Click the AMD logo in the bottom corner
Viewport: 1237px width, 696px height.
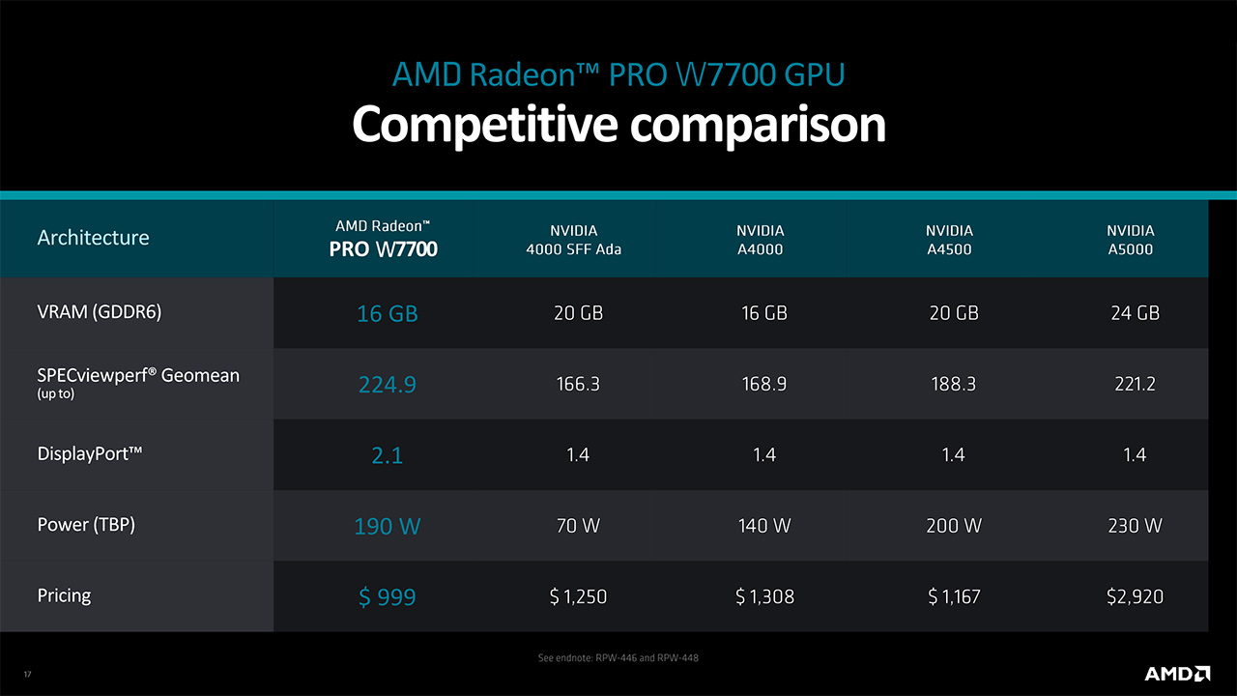1177,673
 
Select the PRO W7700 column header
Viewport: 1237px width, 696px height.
385,239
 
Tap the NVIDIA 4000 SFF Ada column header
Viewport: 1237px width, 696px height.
574,240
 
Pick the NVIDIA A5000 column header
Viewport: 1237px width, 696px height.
1131,240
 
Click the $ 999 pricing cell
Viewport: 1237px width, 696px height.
387,597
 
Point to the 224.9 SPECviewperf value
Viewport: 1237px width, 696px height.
387,385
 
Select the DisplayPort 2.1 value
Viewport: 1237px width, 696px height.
387,455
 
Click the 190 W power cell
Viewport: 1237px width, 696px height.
387,527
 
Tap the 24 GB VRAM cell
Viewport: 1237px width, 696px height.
1135,313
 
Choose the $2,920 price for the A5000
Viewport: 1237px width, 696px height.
1135,597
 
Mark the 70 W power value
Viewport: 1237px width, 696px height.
578,527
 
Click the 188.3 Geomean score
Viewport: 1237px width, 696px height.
953,385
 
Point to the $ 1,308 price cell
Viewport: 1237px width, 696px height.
764,597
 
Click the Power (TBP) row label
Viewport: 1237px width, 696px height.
86,525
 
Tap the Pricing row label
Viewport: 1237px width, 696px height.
64,595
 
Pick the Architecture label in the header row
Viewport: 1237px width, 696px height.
93,238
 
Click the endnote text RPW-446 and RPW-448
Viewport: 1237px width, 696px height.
618,658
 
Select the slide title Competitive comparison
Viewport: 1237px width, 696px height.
618,125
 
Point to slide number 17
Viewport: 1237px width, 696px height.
27,674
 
